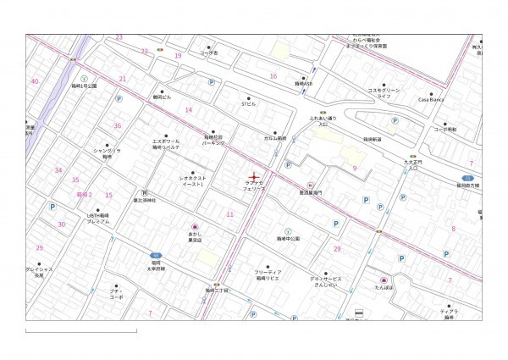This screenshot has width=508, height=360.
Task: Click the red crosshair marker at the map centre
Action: [254, 175]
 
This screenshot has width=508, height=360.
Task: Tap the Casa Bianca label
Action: [432, 99]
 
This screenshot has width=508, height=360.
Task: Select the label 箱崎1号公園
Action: [84, 86]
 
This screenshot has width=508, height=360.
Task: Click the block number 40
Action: [34, 81]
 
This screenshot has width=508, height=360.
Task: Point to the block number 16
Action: [273, 75]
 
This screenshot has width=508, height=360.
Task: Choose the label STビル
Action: [248, 104]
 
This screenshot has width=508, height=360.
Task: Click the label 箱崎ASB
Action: [304, 84]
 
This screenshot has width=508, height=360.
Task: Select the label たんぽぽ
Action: [384, 287]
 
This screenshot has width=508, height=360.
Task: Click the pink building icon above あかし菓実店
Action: [194, 226]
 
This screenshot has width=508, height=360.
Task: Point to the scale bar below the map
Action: [80, 330]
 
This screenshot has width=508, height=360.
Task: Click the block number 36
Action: [118, 125]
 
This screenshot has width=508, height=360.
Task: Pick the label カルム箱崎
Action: [274, 136]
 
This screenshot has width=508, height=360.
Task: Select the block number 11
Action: [229, 214]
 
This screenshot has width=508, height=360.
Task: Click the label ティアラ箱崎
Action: [449, 314]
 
